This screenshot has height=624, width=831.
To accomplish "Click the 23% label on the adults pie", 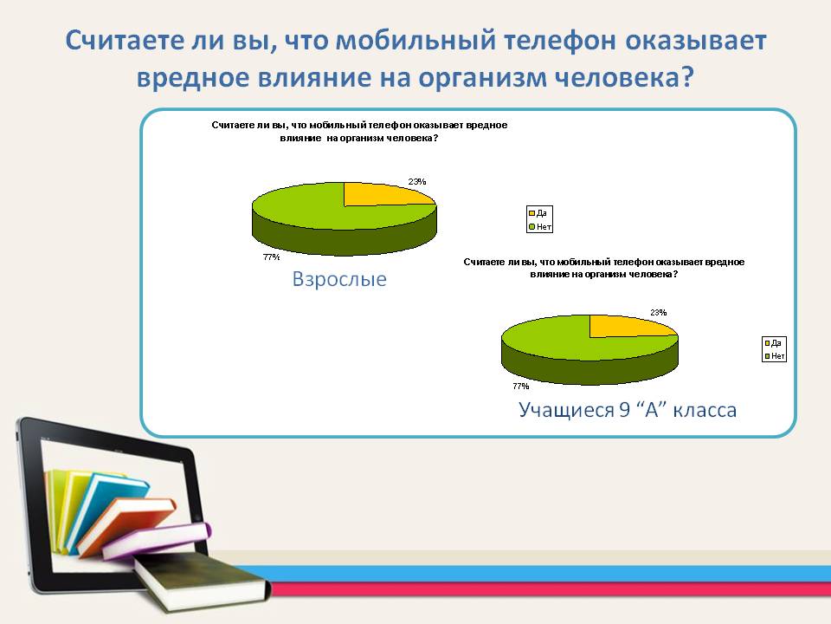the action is coord(417,181).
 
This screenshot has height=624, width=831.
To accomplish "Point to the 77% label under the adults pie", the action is coord(271,257).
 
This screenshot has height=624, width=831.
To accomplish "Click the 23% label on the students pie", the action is coord(658,313).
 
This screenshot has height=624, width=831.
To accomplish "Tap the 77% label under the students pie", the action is coord(521,386).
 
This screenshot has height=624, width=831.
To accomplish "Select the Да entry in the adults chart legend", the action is coord(538,213).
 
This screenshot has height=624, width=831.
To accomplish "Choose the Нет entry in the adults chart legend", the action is coord(540,226).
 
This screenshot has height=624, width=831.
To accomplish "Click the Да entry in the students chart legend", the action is coord(773,343).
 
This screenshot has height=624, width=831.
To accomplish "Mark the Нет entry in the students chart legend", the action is coord(774,356).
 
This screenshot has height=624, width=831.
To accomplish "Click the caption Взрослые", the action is coord(339,279).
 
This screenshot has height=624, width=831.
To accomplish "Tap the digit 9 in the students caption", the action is coord(624,410).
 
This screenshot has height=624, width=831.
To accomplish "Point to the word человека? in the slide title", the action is coord(624,78).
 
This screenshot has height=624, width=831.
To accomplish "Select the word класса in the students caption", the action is coord(705,410).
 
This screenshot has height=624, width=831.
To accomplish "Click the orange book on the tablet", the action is coord(127,524).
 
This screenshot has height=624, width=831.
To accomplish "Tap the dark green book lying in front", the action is coord(202,581).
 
